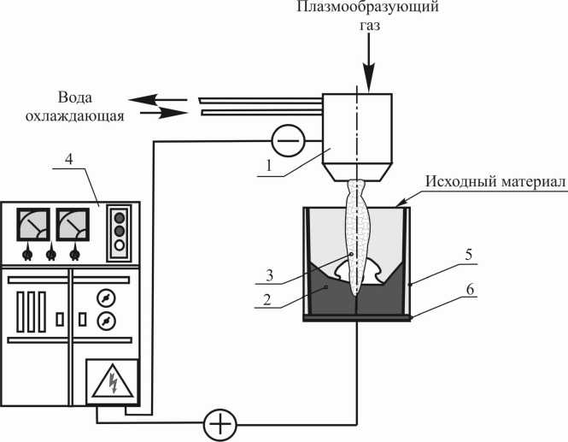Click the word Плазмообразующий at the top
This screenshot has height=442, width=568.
click(367, 7)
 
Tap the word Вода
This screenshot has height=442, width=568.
click(75, 97)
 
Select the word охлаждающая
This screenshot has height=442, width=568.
click(75, 115)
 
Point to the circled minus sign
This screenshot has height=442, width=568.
click(288, 141)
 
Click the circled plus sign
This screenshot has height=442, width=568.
click(220, 425)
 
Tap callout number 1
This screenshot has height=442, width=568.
click(268, 166)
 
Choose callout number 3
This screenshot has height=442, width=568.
click(269, 276)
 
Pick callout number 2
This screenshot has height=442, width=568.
click(267, 300)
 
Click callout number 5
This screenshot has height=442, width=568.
click(469, 255)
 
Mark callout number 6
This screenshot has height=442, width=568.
click(470, 289)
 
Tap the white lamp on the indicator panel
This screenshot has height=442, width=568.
click(120, 245)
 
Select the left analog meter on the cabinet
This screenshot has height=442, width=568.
click(33, 225)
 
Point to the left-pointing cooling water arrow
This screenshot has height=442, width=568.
click(158, 99)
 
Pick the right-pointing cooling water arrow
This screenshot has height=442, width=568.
click(164, 113)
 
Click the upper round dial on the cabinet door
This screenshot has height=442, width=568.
click(106, 298)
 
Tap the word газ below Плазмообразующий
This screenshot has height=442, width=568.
click(370, 27)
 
